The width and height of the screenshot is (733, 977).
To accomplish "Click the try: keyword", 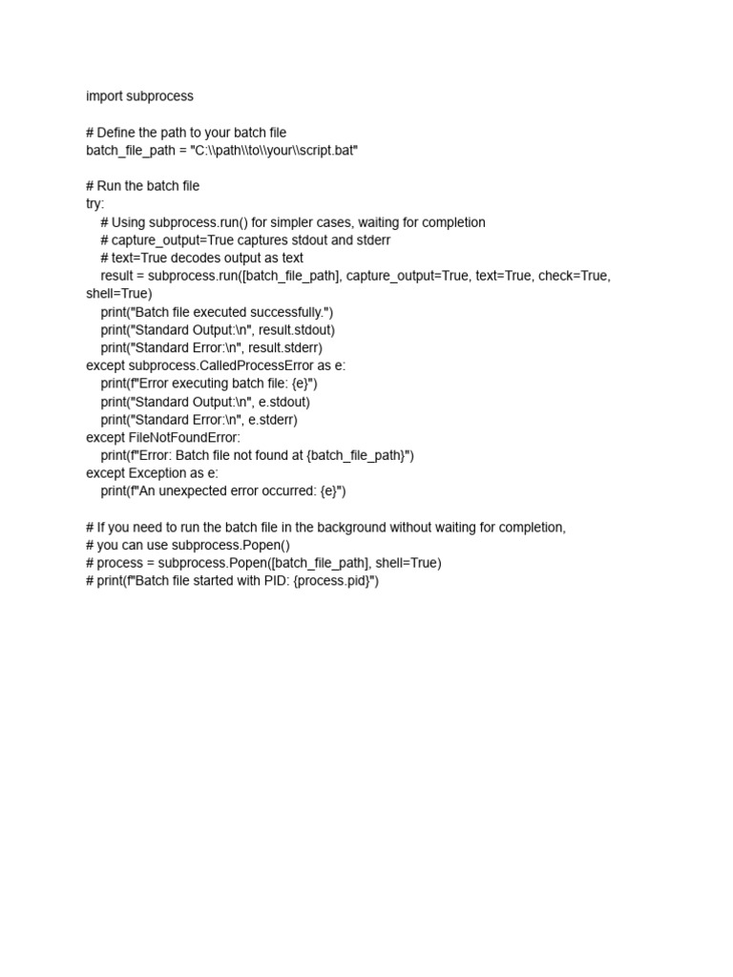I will (95, 204).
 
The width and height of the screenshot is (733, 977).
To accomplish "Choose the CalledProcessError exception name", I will (251, 365).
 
